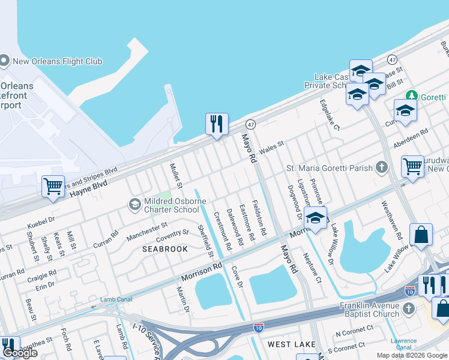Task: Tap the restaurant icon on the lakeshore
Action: [x=216, y=124]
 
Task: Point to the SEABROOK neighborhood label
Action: [x=164, y=248]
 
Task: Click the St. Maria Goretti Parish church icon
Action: [x=382, y=168]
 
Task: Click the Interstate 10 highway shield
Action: [x=410, y=291]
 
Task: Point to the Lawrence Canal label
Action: [x=403, y=344]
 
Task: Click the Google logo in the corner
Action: [x=20, y=353]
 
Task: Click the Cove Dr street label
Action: [x=237, y=277]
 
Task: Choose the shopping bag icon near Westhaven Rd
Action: [x=421, y=235]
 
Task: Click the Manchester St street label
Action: [x=146, y=231]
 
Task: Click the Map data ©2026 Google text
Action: [x=411, y=355]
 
